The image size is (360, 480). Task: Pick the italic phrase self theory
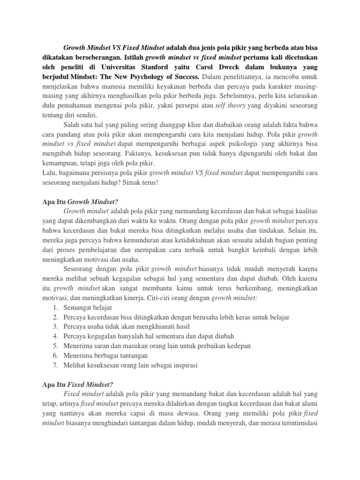231,106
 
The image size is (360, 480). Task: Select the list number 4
55,336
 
